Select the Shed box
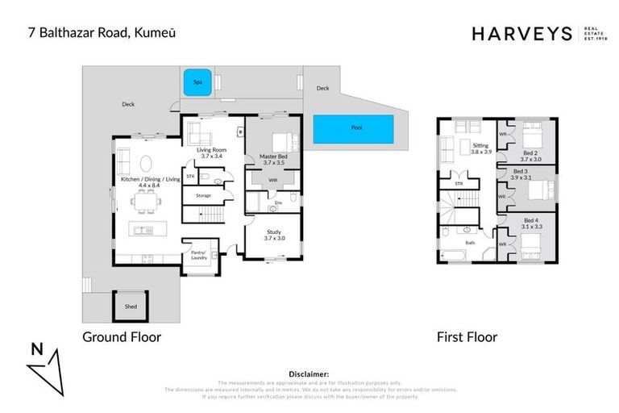(130, 307)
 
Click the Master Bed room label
(273, 160)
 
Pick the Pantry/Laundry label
(198, 255)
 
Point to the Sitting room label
(480, 147)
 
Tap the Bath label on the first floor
(469, 242)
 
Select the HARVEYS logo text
(521, 33)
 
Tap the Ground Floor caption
(122, 336)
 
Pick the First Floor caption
(467, 336)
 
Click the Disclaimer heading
(309, 374)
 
